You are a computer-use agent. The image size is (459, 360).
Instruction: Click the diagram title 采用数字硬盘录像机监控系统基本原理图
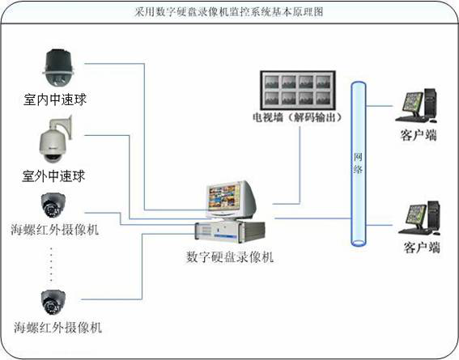[229, 12]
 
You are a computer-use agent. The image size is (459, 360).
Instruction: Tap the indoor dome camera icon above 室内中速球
[58, 68]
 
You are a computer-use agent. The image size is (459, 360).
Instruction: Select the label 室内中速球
[55, 100]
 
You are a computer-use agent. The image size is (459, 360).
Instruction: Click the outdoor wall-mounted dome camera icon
[56, 139]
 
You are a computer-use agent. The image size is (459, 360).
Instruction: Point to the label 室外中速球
[53, 176]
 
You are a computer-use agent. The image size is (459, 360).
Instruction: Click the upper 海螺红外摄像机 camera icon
[53, 205]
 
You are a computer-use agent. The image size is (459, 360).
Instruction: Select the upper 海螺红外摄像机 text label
[55, 230]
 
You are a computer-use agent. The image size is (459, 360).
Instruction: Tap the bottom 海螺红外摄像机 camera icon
[53, 303]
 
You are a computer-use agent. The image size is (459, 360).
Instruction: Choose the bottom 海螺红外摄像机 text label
[57, 328]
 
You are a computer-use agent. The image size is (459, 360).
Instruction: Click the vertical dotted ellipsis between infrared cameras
[51, 265]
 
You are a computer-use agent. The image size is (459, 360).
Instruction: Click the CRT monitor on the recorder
[231, 200]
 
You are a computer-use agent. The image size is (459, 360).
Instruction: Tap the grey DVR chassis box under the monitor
[230, 231]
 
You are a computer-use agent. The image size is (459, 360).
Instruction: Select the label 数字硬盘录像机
[230, 257]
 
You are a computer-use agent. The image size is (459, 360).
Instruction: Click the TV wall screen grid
[298, 90]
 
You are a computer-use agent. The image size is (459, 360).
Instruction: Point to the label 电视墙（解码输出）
[297, 117]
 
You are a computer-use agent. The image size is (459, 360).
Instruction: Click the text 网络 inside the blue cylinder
[358, 163]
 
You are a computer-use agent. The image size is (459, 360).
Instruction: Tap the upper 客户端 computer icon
[416, 105]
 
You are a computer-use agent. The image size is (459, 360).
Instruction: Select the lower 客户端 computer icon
[419, 218]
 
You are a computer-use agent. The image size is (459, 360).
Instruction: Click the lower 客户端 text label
[422, 248]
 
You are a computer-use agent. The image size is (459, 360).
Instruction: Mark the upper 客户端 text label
[419, 135]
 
